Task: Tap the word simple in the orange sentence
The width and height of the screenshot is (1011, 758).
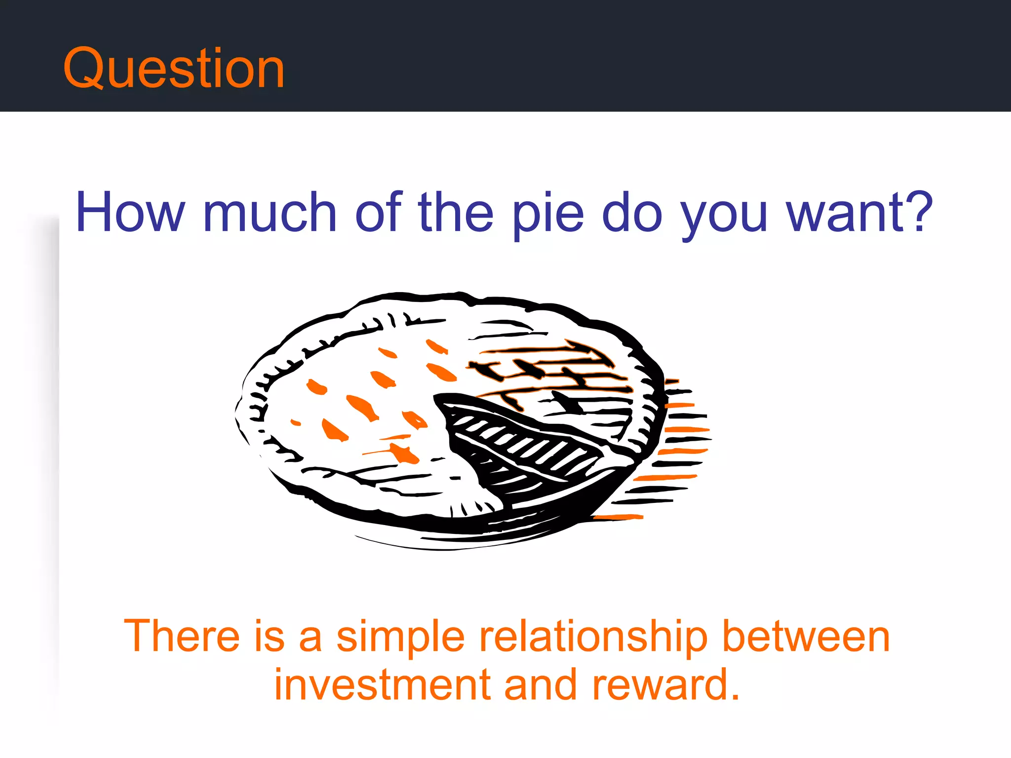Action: (400, 638)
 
